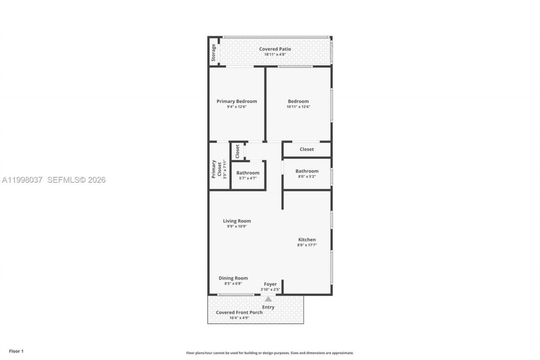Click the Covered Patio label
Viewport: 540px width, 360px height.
tap(275, 49)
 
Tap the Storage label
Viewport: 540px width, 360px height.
tap(213, 52)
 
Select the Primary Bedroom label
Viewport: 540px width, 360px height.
tap(237, 101)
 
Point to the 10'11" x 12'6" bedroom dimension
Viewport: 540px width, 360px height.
tap(298, 107)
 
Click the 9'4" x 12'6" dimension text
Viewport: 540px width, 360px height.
tap(236, 107)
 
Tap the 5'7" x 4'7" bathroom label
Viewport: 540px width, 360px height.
tap(248, 178)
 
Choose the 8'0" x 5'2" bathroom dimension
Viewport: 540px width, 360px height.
tap(307, 176)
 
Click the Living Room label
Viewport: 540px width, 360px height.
tap(237, 221)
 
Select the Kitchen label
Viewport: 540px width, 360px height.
tap(307, 240)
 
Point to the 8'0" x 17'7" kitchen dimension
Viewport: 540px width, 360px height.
tap(307, 245)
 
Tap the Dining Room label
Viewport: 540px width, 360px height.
tap(233, 278)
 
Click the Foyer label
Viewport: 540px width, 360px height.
tap(270, 284)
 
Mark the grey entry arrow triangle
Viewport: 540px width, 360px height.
tap(268, 299)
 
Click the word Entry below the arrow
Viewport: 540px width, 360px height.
tap(268, 307)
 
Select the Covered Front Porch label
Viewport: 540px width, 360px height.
tap(239, 312)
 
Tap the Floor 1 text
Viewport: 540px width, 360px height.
tap(16, 351)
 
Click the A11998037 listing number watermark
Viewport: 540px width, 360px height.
tap(22, 180)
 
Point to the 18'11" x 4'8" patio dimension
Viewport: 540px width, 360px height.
tap(275, 54)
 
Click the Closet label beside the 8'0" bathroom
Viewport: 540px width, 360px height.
tap(307, 149)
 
